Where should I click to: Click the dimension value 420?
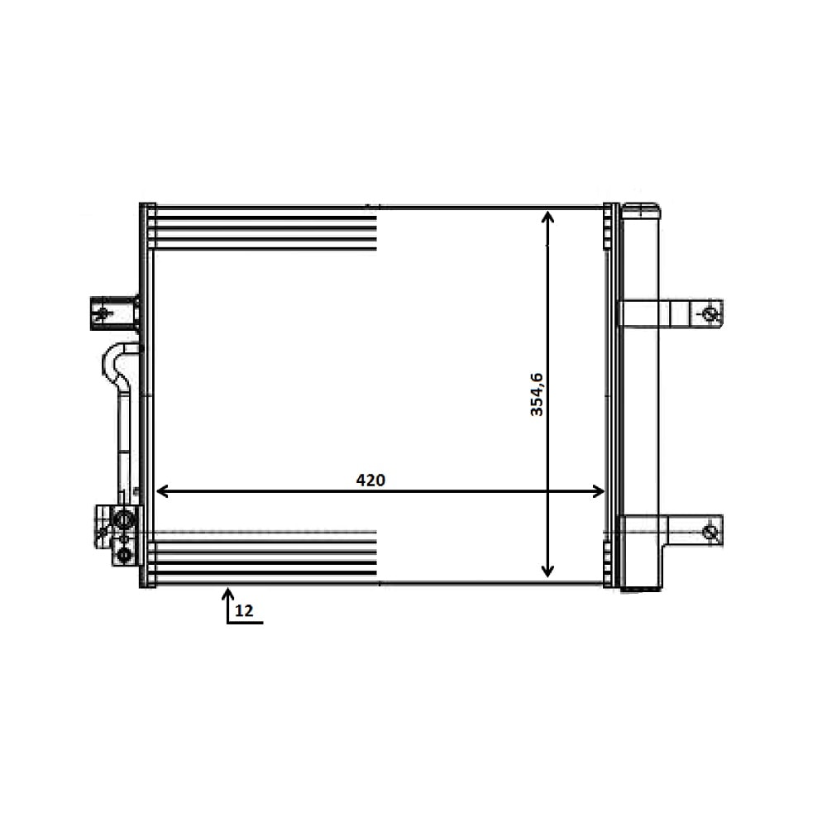click(370, 480)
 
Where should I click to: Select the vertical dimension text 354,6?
click(537, 394)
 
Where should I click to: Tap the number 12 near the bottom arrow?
click(244, 611)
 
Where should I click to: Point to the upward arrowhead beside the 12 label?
click(228, 595)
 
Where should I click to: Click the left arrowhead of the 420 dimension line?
click(162, 491)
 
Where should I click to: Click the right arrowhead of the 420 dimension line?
click(599, 491)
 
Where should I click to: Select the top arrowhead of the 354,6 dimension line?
click(548, 217)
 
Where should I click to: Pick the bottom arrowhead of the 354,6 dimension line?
click(548, 571)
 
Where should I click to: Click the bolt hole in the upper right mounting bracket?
click(710, 314)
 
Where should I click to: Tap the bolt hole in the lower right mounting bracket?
click(710, 532)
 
